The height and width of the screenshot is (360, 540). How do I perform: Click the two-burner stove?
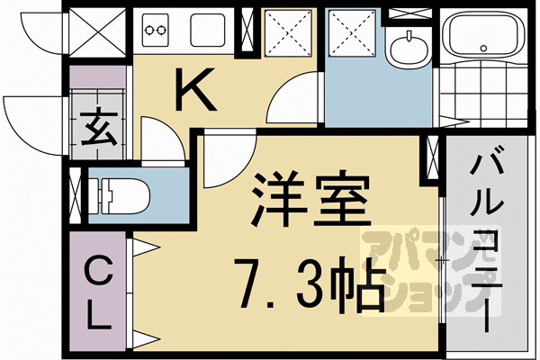(x=157, y=31)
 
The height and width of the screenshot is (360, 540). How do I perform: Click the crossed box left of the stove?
(x=87, y=34)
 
